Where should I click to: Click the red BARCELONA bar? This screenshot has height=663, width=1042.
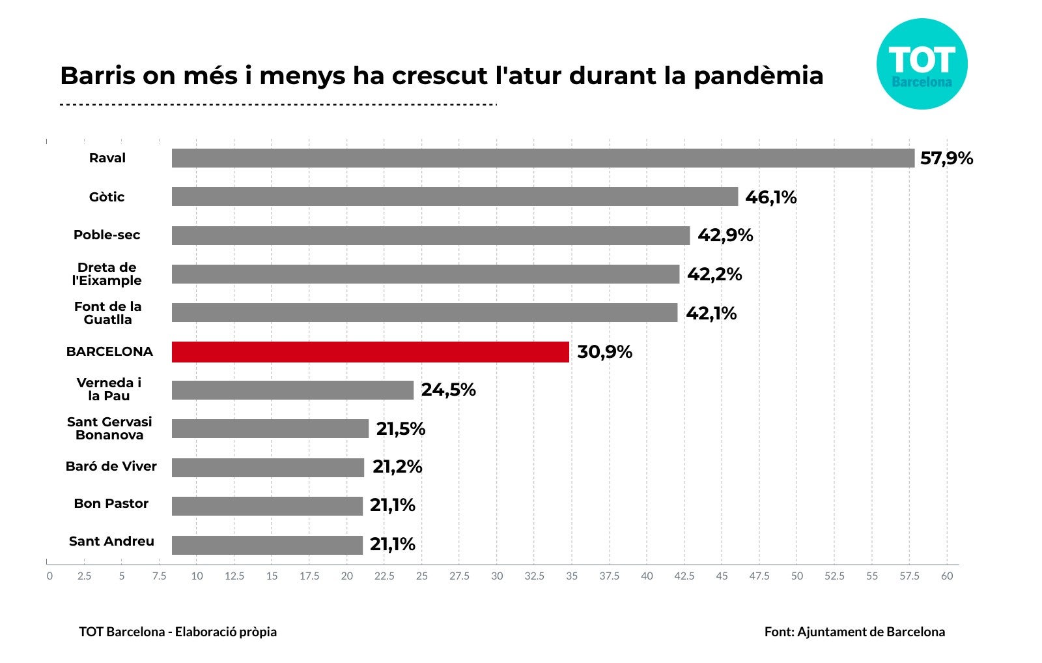[x=370, y=352]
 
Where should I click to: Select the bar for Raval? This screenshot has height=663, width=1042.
[x=542, y=158]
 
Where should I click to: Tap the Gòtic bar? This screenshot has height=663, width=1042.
[x=455, y=197]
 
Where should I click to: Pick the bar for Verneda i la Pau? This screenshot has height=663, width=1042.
[x=292, y=390]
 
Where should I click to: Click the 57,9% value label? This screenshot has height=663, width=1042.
[x=946, y=158]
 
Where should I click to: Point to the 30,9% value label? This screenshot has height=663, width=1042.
[x=604, y=352]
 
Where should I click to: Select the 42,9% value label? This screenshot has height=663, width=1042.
[x=725, y=235]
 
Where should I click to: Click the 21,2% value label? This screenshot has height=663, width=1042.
[x=397, y=467]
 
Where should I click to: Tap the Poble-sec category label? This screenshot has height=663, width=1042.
[x=107, y=235]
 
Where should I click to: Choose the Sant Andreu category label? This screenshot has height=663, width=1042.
[x=111, y=541]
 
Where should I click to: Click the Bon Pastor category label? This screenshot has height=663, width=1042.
[x=111, y=503]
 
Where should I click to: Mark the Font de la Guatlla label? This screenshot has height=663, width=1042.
[x=107, y=313]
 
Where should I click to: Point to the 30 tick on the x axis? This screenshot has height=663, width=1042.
[x=497, y=576]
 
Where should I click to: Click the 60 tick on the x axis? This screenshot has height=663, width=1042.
[x=947, y=576]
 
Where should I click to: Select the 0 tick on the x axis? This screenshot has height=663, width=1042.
[x=49, y=576]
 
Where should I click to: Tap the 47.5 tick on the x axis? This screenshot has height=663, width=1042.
[x=759, y=576]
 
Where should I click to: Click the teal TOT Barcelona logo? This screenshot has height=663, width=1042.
[x=922, y=64]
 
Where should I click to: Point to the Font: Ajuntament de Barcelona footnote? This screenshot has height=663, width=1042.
[x=854, y=632]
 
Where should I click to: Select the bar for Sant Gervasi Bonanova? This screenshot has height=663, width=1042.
[x=270, y=428]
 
